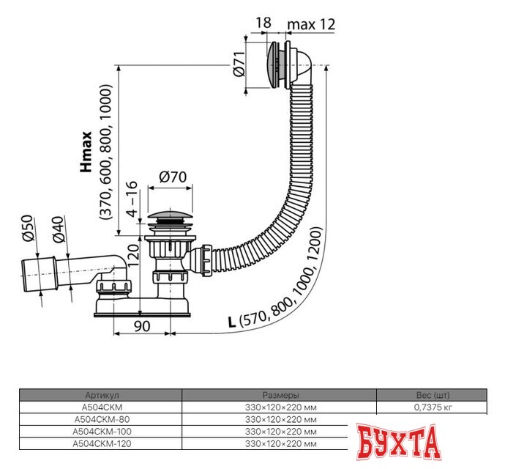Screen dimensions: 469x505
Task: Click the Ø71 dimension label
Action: click(237, 67)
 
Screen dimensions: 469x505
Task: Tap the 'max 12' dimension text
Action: click(310, 24)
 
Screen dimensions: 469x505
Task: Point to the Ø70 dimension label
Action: click(172, 177)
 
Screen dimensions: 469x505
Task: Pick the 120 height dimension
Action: click(132, 256)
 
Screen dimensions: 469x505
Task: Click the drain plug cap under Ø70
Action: click(172, 217)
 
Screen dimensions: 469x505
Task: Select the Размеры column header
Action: click(280, 394)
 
